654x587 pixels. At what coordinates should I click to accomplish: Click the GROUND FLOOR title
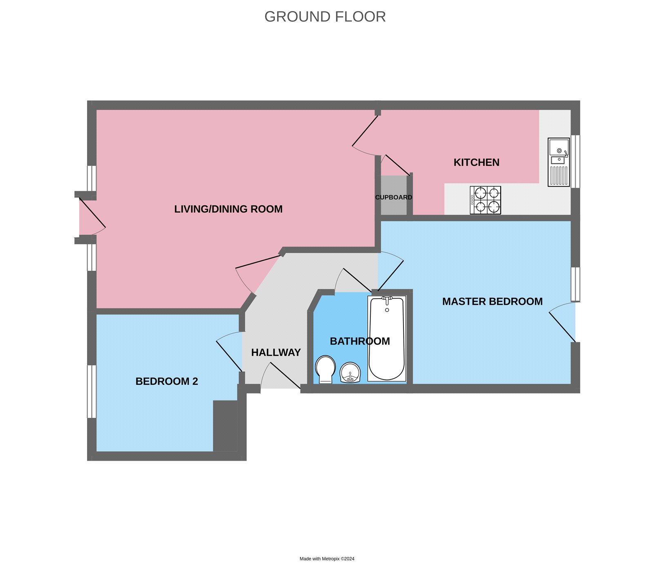tap(325, 17)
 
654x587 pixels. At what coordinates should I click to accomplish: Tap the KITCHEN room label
tap(476, 163)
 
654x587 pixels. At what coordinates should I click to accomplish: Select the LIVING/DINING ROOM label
tap(228, 209)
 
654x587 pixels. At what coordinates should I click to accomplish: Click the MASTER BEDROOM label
tap(492, 301)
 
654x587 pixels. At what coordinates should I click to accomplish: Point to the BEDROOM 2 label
tap(166, 382)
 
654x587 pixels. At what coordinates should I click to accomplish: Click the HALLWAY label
tap(276, 353)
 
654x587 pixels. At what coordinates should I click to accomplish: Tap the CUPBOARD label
tap(394, 197)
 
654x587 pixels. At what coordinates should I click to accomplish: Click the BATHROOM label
tap(360, 341)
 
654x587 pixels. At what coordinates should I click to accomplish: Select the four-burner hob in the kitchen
tap(485, 200)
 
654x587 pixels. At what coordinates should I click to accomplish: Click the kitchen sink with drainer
tap(559, 162)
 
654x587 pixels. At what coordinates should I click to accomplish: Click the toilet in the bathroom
tap(325, 369)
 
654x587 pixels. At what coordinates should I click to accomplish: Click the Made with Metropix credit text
tap(327, 559)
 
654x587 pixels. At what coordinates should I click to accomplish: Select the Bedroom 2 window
tap(92, 391)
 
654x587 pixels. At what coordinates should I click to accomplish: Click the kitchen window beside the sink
tap(575, 161)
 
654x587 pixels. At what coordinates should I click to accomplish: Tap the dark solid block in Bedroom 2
tap(225, 426)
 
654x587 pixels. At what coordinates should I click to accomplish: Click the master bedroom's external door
tap(563, 326)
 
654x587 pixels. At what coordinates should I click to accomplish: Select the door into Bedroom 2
tap(229, 355)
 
